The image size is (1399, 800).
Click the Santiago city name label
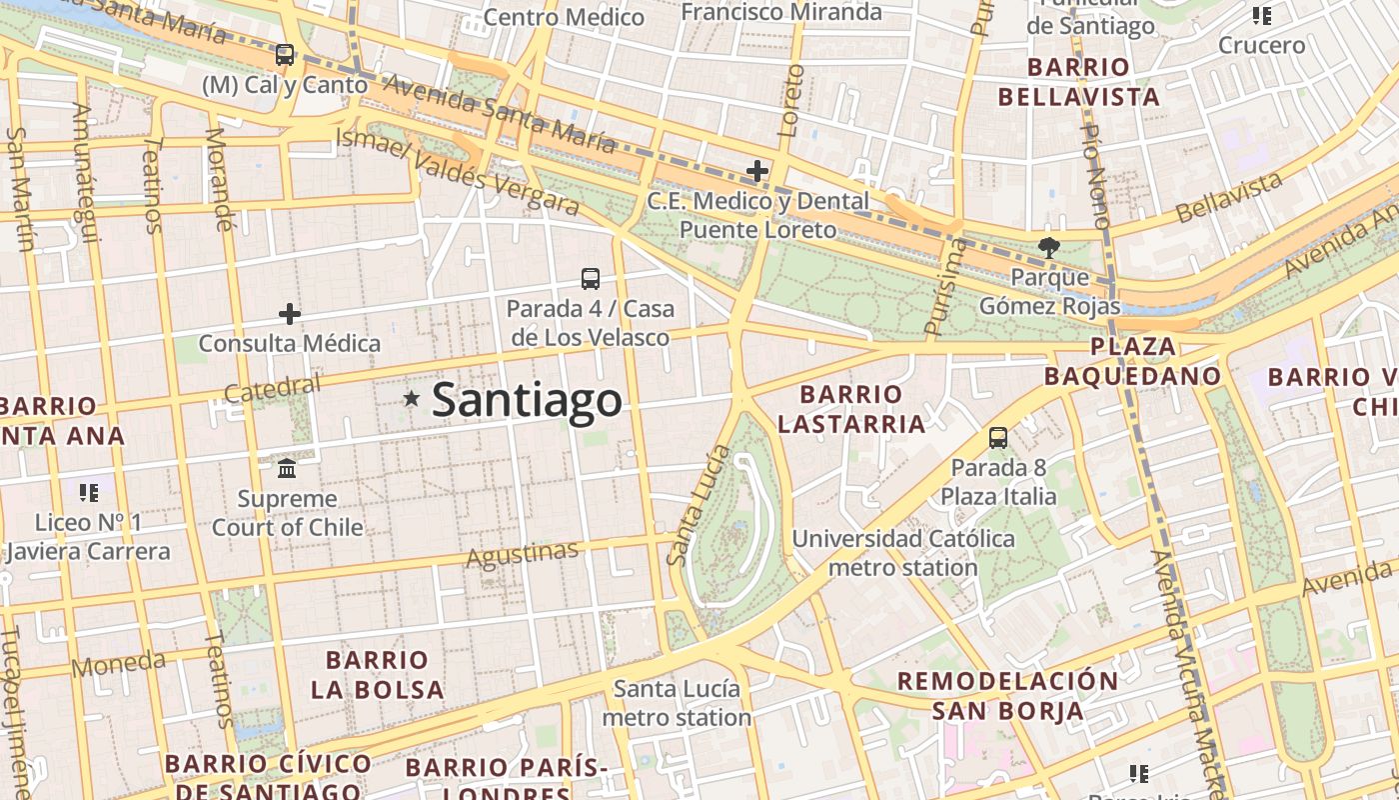point(527,400)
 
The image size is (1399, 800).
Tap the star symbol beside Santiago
point(411,398)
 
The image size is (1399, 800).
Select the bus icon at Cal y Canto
point(285,55)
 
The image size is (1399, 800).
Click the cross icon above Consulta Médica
point(290,314)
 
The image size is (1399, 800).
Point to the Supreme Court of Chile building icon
point(287,468)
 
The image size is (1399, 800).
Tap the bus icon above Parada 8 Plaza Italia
point(997,437)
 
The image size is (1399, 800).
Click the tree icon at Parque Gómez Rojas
point(1048,247)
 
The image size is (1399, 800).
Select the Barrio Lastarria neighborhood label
point(851,409)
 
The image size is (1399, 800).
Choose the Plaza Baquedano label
point(1132,361)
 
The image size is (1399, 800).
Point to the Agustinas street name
point(523,554)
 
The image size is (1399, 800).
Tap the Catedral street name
point(273,389)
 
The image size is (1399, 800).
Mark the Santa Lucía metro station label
point(677,703)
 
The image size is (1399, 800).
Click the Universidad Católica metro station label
point(903,553)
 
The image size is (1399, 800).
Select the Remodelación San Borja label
point(1007,696)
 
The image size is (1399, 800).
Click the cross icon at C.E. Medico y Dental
point(757,171)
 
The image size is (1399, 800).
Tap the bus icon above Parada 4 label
point(591,279)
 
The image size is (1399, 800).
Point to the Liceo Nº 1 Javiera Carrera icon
point(89,492)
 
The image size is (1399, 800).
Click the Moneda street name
point(119,663)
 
